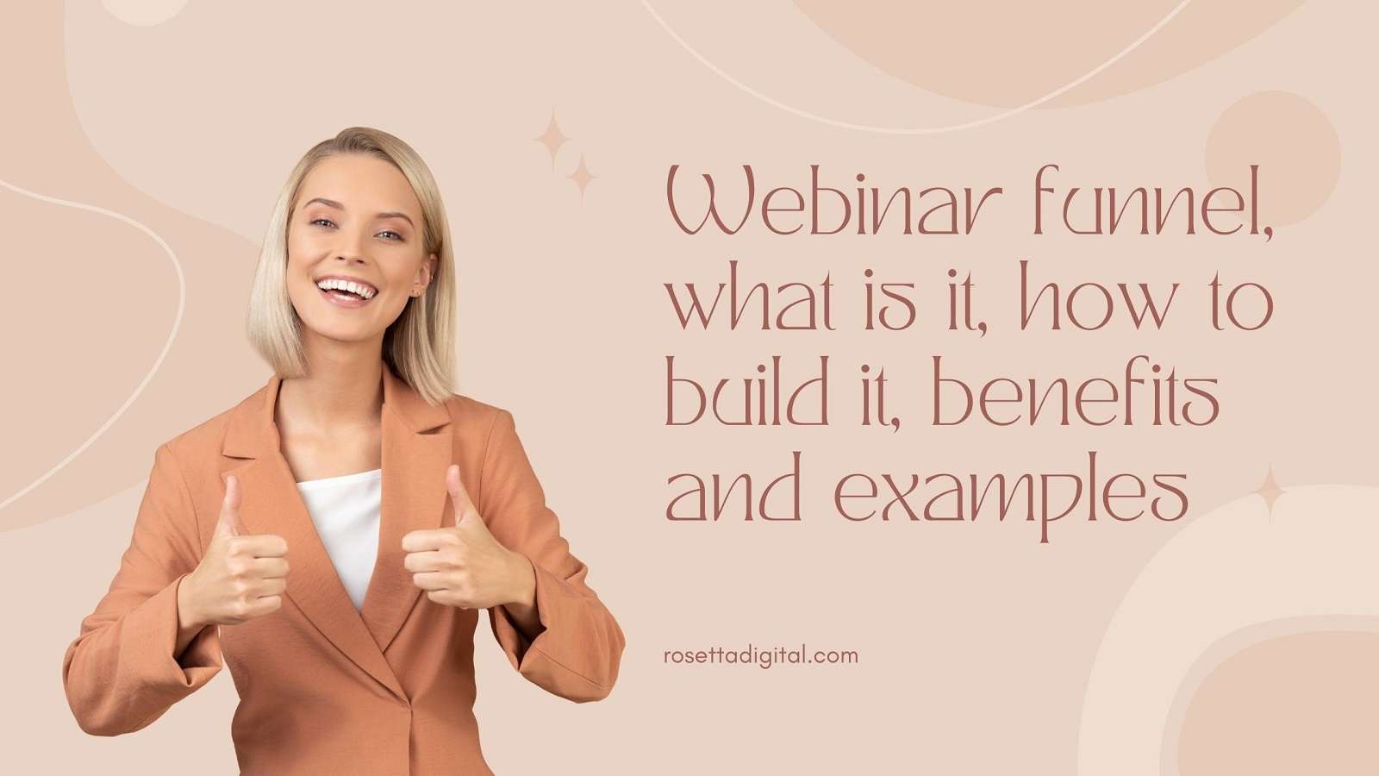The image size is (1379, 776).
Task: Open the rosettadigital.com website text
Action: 761,655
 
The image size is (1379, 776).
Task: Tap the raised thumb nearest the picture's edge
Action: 231,509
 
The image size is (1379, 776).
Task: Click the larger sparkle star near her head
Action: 552,139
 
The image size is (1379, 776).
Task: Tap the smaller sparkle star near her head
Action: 582,178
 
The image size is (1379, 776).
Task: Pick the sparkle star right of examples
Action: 1269,493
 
